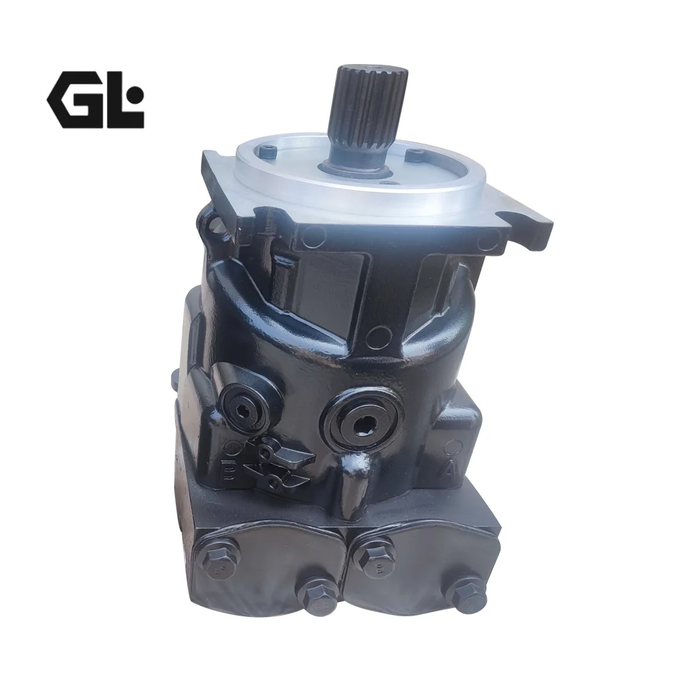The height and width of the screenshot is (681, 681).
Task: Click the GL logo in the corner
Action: (95, 99)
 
